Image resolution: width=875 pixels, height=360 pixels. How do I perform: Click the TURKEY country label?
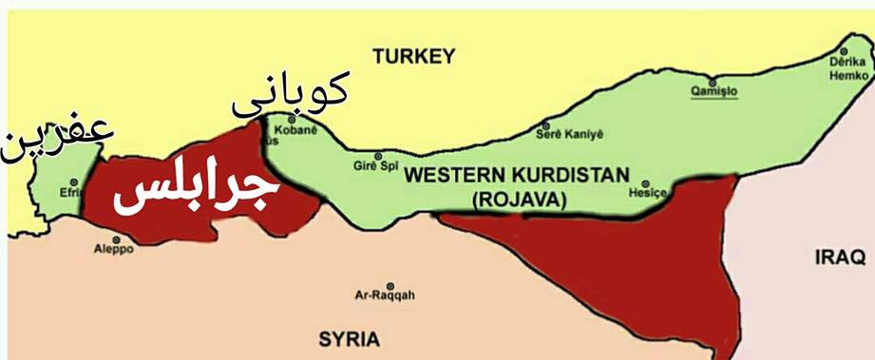pyautogui.click(x=413, y=57)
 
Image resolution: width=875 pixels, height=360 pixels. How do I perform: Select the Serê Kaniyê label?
pyautogui.click(x=572, y=134)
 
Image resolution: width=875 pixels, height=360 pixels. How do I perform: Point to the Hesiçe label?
pyautogui.click(x=643, y=193)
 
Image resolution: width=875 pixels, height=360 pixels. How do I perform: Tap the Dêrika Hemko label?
pyautogui.click(x=847, y=67)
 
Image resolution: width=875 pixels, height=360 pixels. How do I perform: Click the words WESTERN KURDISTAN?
pyautogui.click(x=516, y=177)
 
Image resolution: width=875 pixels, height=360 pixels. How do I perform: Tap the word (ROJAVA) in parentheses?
pyautogui.click(x=517, y=199)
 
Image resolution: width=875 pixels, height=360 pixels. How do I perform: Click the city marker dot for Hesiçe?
pyautogui.click(x=646, y=183)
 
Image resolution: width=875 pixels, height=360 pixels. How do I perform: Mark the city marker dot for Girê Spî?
pyautogui.click(x=378, y=157)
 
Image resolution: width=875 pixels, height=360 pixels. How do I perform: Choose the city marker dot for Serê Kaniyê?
pyautogui.click(x=544, y=124)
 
